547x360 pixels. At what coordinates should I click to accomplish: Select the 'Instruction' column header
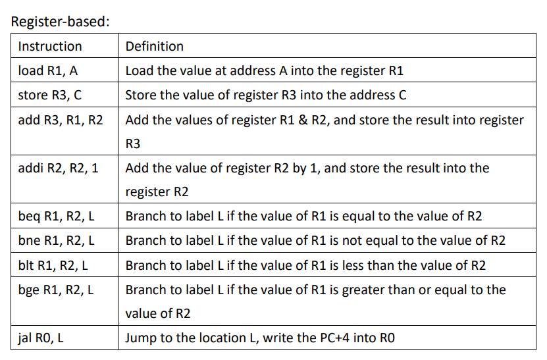tap(50, 46)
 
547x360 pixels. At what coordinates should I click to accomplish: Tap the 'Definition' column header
tap(154, 46)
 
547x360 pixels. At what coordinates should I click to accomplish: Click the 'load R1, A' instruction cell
tap(49, 70)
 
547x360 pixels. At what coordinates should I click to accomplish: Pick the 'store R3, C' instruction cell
tap(50, 95)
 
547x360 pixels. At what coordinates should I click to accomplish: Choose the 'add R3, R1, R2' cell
tap(61, 120)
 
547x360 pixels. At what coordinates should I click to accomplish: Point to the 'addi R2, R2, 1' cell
tap(59, 168)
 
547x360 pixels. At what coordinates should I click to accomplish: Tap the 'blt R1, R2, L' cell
tap(55, 265)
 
